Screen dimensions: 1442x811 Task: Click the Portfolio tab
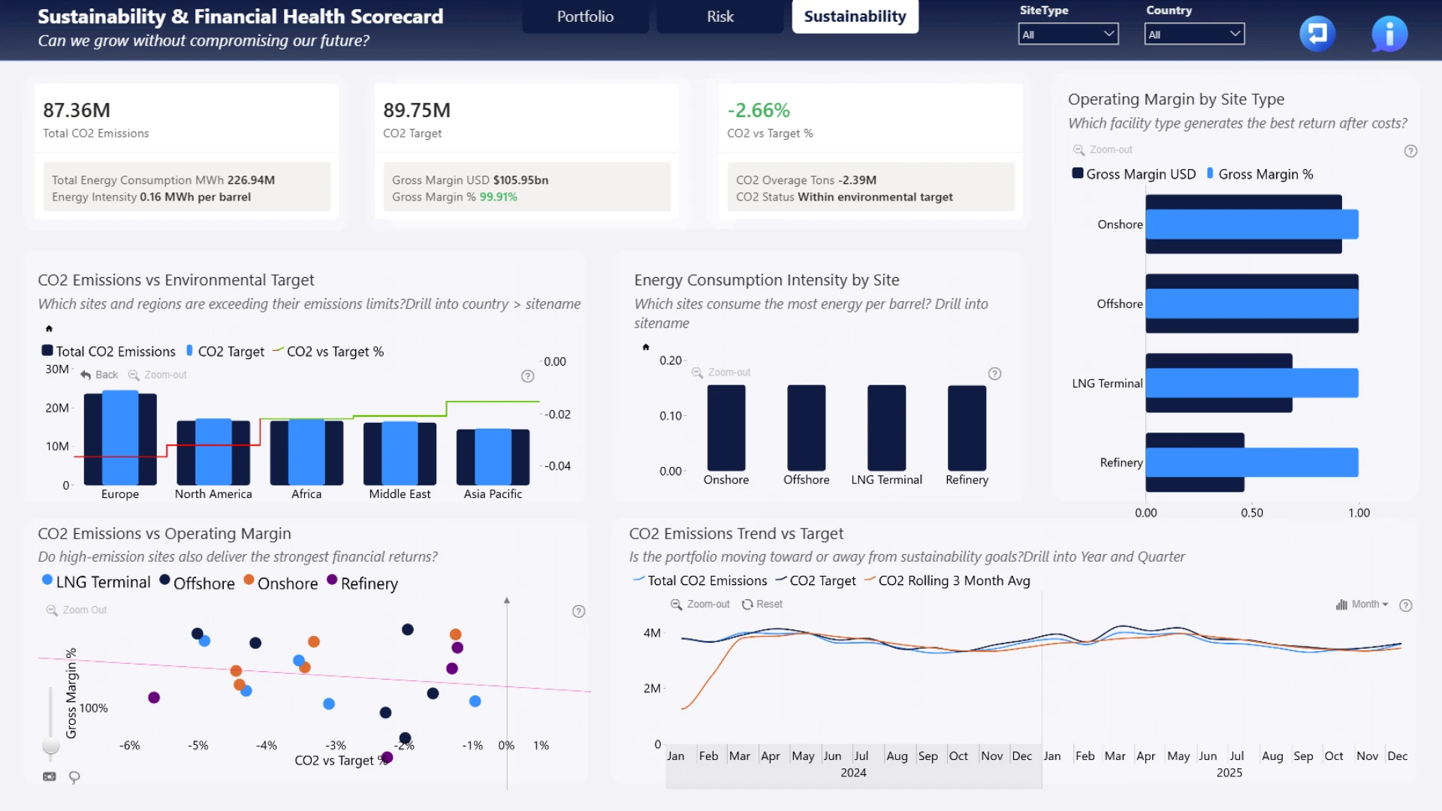(585, 17)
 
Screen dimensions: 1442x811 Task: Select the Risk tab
(719, 17)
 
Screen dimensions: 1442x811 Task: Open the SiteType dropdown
(1068, 34)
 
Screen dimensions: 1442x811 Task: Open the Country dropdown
(1194, 34)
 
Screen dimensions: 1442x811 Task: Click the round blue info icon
(1389, 34)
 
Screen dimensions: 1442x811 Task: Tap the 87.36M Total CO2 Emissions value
(77, 110)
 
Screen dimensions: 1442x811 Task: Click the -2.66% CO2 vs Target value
(759, 110)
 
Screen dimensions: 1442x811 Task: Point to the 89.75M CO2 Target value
(417, 110)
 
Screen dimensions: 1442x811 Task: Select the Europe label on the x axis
(120, 494)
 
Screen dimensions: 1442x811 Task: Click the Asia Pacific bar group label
(493, 494)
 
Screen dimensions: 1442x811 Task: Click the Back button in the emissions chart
(99, 375)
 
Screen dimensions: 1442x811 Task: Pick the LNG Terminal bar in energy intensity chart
(887, 428)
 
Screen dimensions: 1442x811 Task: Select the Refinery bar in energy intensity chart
(967, 428)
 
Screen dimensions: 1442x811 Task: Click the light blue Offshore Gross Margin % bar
(1252, 303)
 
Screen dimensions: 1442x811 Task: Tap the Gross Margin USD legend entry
(1134, 174)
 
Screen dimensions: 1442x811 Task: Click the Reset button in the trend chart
(762, 604)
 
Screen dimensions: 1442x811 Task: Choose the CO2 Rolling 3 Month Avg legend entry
(947, 581)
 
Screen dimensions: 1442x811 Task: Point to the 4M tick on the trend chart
(652, 633)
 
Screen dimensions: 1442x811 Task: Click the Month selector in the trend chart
(1362, 604)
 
